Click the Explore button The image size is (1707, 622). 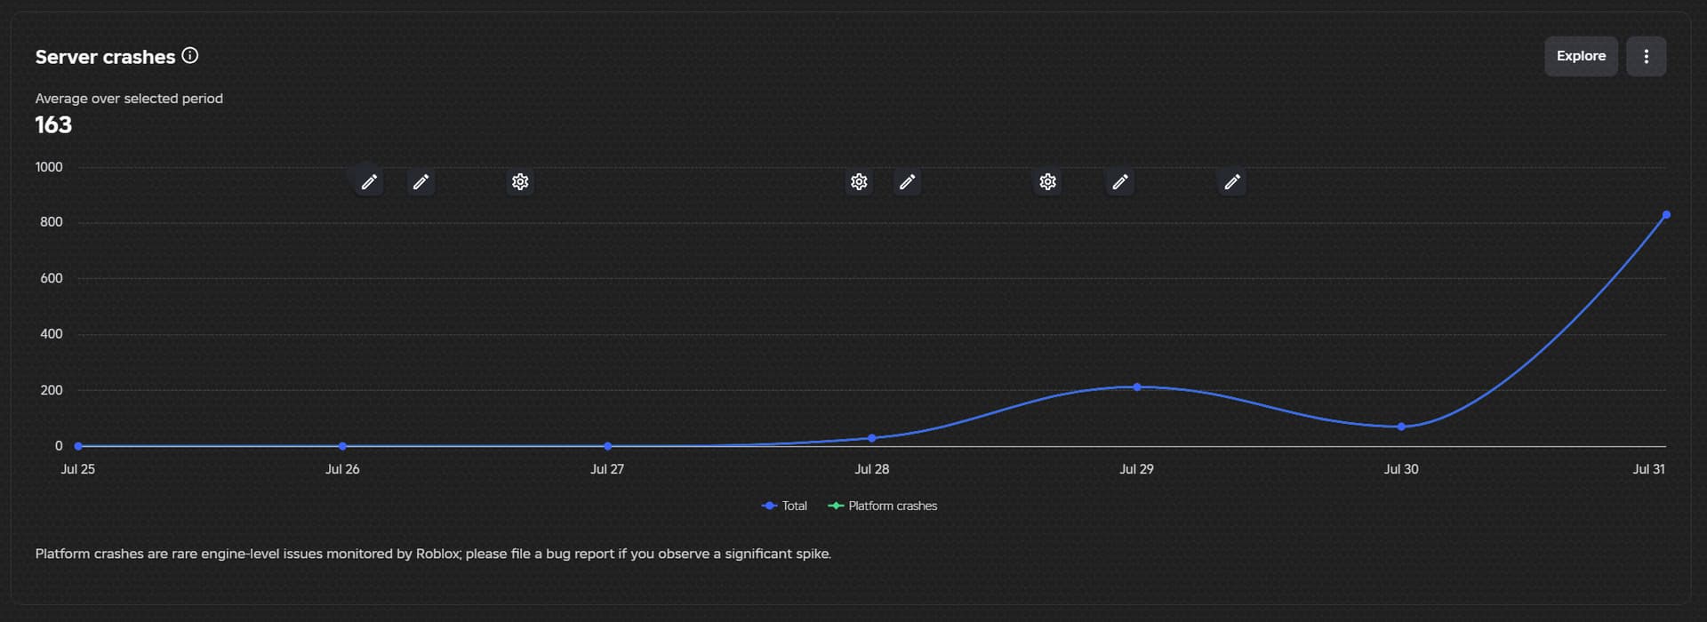[x=1581, y=56]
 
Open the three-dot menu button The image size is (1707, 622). [x=1646, y=56]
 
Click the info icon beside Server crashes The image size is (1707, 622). [x=190, y=55]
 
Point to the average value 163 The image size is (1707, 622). [x=53, y=124]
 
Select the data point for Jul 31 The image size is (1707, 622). [x=1666, y=215]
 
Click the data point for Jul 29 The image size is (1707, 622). [x=1137, y=387]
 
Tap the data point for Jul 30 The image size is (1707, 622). [x=1401, y=427]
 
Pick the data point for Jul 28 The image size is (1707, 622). [x=872, y=438]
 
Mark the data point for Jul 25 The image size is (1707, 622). [x=78, y=446]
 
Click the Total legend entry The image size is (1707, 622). [x=785, y=506]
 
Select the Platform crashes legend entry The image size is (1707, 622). [x=883, y=506]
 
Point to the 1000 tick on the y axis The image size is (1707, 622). [x=49, y=167]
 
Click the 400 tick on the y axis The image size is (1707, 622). [x=52, y=334]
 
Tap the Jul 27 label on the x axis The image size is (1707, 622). [x=607, y=469]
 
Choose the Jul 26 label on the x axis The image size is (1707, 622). [x=342, y=469]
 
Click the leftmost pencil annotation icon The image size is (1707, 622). [x=369, y=182]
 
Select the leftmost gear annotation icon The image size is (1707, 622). [x=520, y=182]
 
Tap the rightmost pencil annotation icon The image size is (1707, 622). [x=1231, y=182]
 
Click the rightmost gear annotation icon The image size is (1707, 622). [x=1048, y=182]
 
